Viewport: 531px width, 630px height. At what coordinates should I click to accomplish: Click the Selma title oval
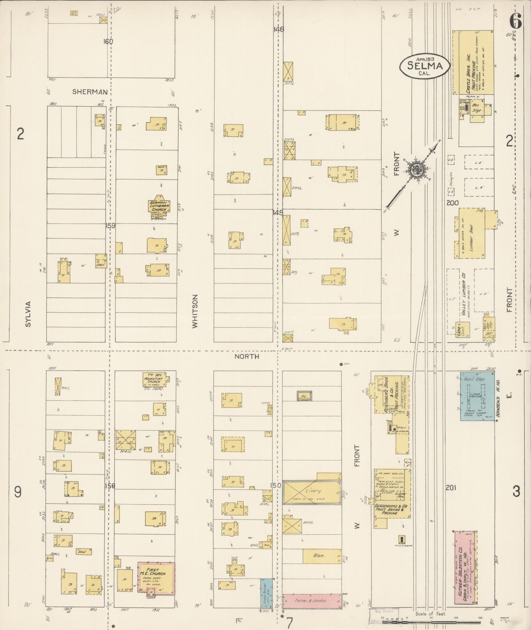click(425, 66)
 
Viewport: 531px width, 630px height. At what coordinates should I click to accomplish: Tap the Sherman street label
click(90, 92)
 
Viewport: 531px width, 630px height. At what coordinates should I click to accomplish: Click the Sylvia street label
click(29, 314)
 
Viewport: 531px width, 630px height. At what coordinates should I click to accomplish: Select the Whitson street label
click(195, 311)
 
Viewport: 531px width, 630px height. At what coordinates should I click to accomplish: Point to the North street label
click(247, 356)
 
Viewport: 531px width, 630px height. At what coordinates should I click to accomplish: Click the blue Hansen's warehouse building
click(477, 396)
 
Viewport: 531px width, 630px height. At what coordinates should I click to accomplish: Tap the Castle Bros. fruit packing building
click(473, 62)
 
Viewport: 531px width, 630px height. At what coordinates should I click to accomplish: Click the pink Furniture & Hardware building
click(312, 601)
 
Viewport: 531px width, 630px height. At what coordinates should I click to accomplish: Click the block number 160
click(108, 42)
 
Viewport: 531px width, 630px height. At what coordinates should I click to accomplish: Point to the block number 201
click(451, 487)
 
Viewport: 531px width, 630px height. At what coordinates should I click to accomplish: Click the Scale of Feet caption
click(431, 614)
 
